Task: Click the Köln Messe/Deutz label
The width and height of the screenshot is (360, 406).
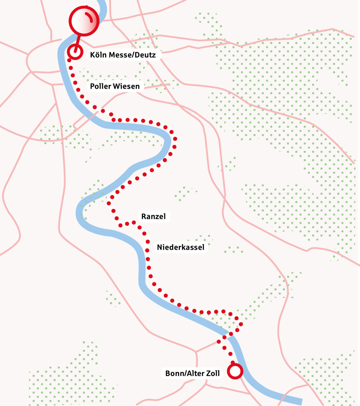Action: (123, 55)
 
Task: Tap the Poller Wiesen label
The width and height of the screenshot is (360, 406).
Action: (115, 86)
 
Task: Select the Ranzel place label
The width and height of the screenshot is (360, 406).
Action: (153, 216)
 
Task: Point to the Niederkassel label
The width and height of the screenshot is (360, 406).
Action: (181, 247)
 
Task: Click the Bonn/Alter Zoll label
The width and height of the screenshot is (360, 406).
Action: (193, 373)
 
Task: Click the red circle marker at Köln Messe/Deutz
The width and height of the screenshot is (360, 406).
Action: (75, 52)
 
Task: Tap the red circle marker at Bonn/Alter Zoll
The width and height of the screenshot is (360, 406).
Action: (235, 371)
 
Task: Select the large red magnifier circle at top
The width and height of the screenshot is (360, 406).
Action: (84, 21)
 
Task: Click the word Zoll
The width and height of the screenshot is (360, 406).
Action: (212, 373)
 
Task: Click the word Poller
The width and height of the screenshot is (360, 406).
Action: (100, 86)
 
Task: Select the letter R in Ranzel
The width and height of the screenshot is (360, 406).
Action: (144, 216)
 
